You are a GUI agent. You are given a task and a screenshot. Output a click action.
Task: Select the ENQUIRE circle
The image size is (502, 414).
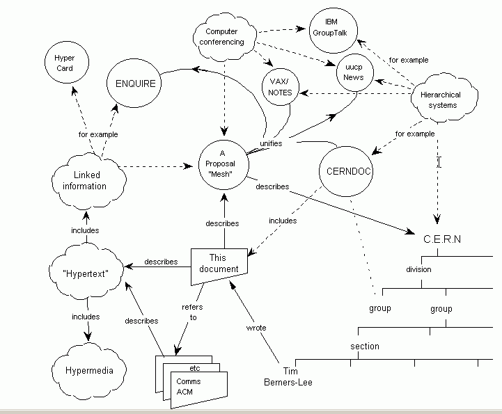(135, 84)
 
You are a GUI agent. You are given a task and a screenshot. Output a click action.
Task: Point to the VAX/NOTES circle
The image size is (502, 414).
(281, 87)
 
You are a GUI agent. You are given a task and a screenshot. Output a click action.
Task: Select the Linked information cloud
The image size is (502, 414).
(90, 181)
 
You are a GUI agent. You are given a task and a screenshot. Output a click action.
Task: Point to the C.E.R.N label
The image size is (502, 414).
(442, 239)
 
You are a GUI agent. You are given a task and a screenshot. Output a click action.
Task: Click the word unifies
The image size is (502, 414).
(270, 143)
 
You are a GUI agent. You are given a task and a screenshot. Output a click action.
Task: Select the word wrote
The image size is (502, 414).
(256, 327)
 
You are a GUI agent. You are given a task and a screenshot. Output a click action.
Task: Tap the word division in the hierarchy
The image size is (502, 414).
(418, 269)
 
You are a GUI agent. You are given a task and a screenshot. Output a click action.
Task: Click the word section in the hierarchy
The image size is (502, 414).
(365, 346)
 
